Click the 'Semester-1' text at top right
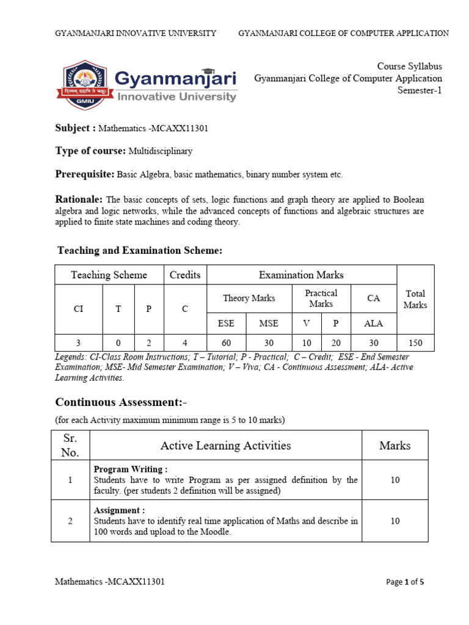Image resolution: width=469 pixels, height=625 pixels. [420, 90]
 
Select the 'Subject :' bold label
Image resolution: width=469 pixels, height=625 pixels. [76, 128]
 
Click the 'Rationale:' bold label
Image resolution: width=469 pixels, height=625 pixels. [79, 200]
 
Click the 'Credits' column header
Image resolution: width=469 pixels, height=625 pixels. [185, 275]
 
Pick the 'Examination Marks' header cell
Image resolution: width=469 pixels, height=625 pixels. [302, 275]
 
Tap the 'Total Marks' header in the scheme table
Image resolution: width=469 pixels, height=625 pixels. [415, 299]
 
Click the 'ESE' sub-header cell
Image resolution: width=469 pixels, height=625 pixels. [226, 323]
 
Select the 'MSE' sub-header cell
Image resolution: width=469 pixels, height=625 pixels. [269, 323]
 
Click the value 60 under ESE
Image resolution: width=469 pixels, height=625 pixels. [226, 343]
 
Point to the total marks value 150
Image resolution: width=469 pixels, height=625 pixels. [415, 343]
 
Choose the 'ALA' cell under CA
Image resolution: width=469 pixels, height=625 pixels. [373, 323]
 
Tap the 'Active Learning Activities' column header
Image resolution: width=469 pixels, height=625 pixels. [225, 446]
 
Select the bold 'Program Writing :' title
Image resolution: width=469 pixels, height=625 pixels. [130, 469]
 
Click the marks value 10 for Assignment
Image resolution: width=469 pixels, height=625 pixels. [394, 521]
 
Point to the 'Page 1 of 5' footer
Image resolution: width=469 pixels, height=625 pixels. [405, 582]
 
